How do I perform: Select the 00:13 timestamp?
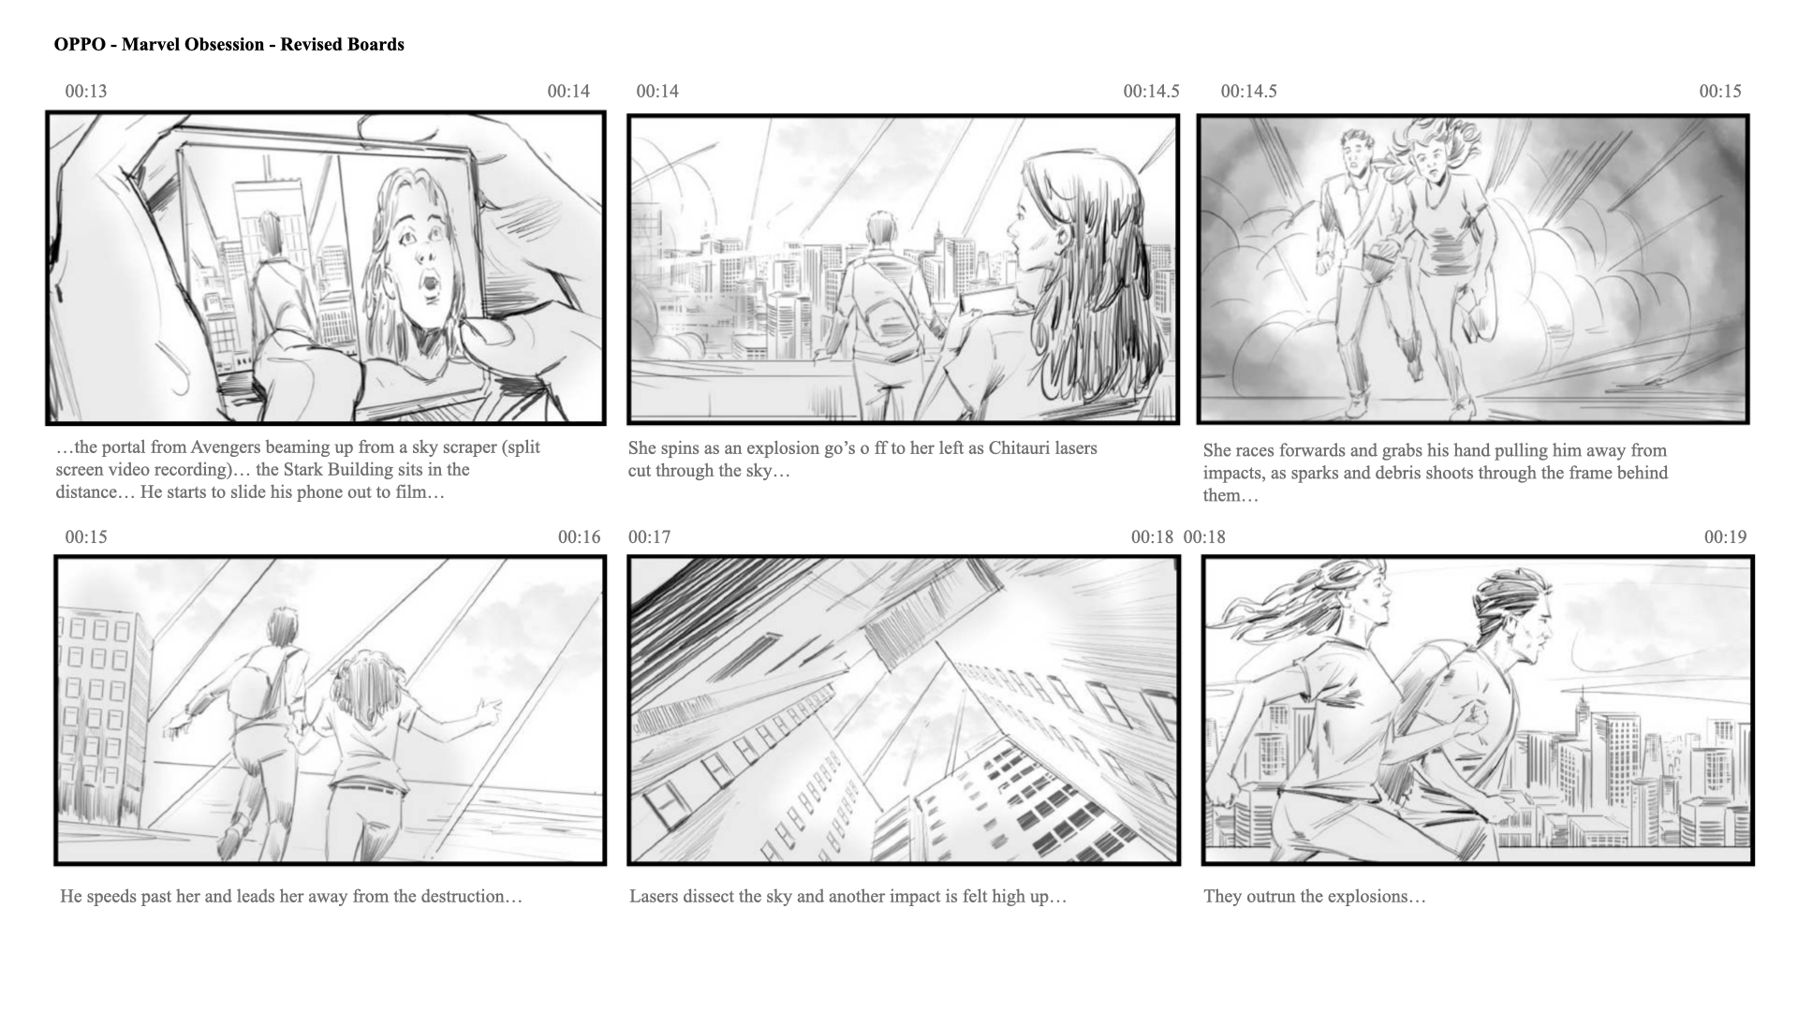(86, 92)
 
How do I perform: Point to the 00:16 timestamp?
(579, 537)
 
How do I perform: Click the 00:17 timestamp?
(650, 537)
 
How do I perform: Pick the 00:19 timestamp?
(1725, 537)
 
